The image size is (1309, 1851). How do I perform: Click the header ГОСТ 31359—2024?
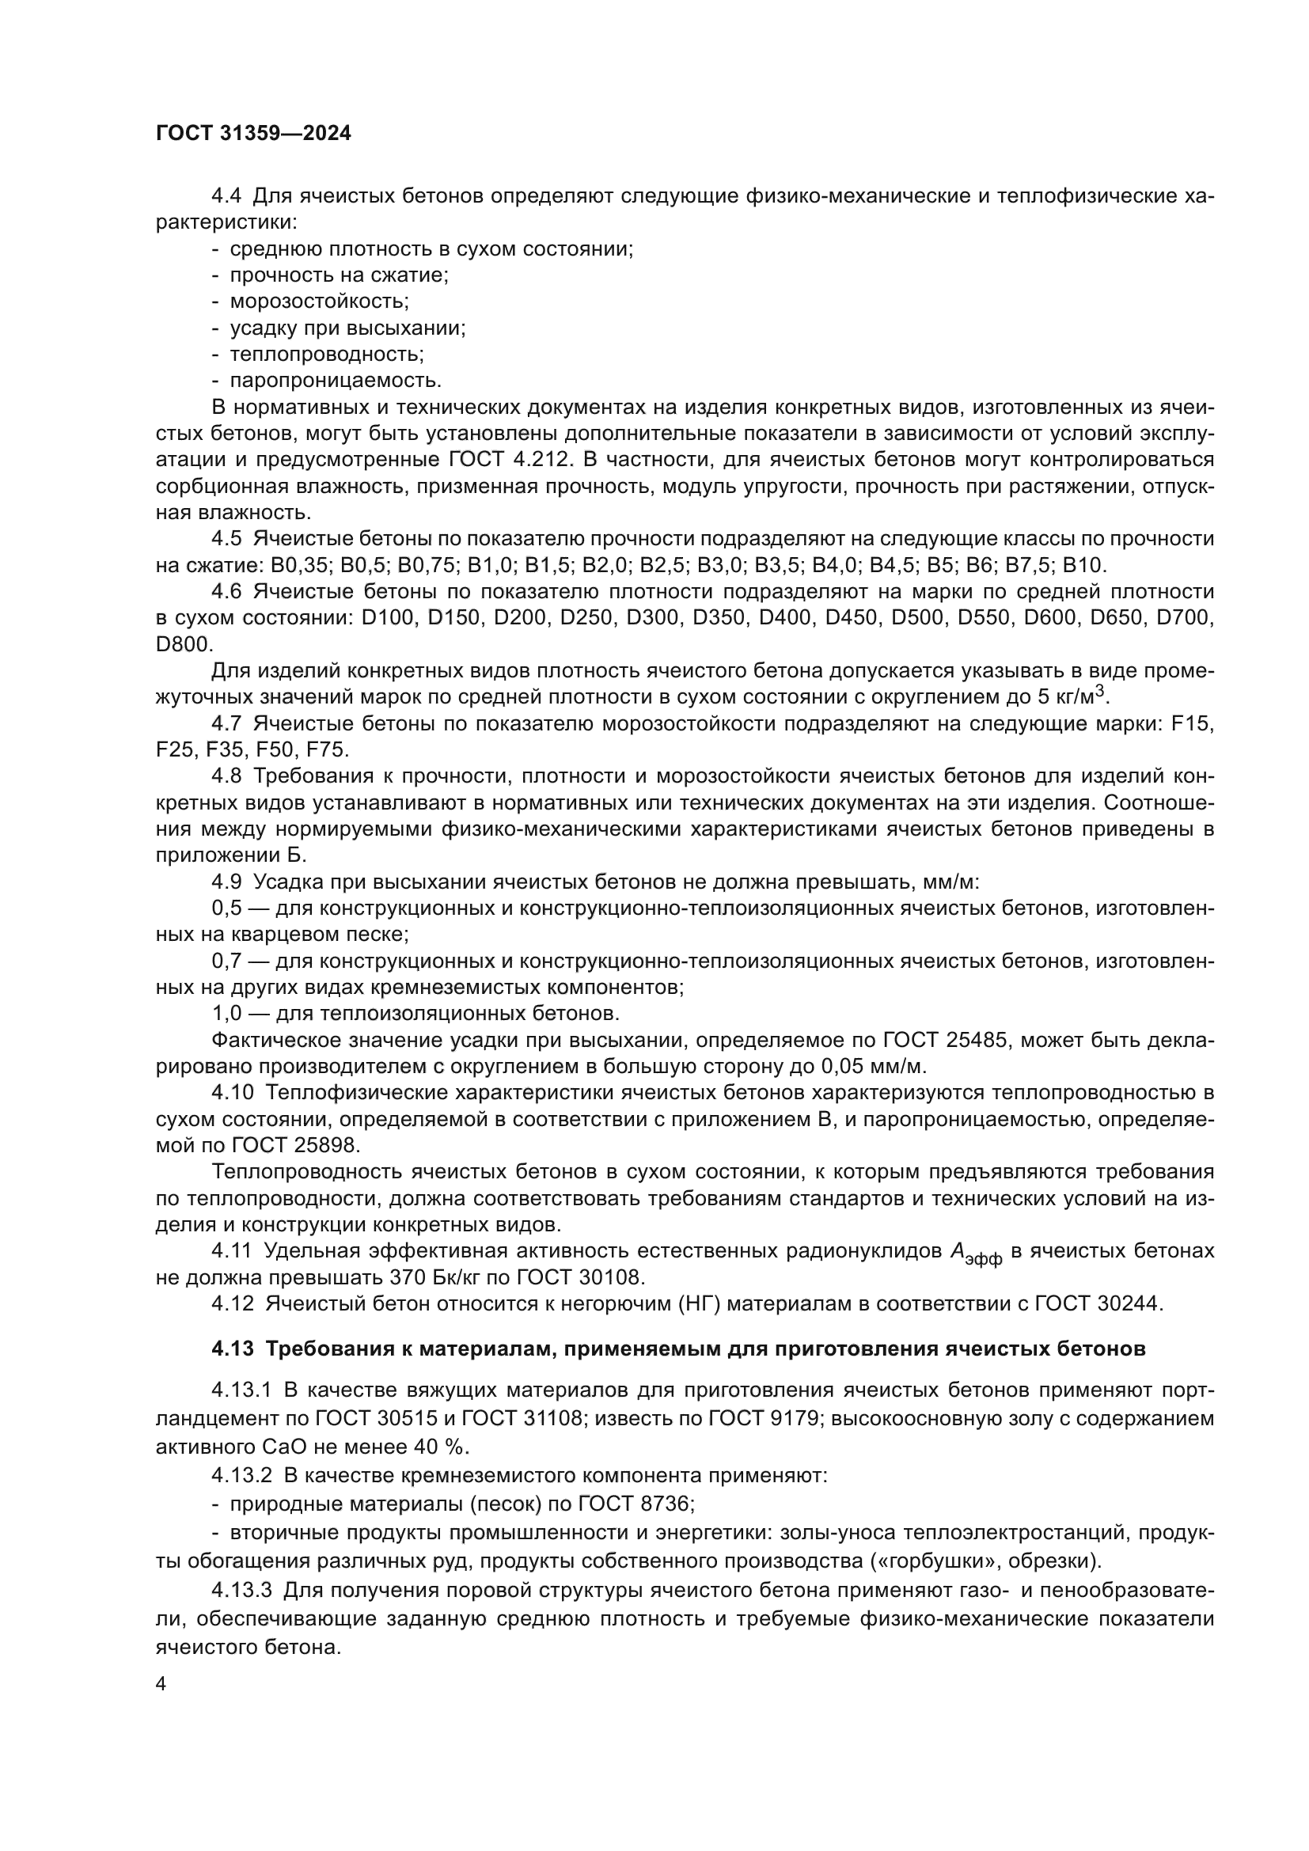coord(253,134)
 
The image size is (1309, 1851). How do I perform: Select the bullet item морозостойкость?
coord(319,302)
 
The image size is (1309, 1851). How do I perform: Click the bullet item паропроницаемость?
coord(336,381)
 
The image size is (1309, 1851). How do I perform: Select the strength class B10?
coord(1086,565)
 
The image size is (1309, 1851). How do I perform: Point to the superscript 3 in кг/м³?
coord(1098,691)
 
